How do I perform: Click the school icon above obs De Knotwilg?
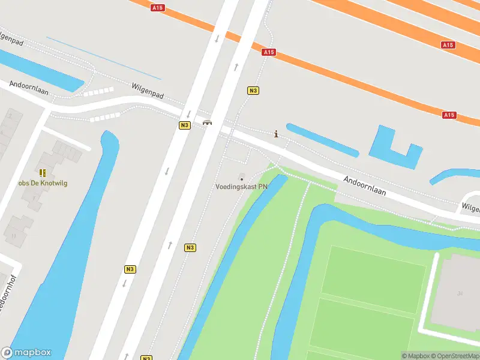pyautogui.click(x=42, y=173)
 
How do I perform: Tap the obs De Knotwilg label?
pyautogui.click(x=43, y=183)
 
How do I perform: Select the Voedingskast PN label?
pyautogui.click(x=242, y=187)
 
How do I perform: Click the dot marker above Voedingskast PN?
pyautogui.click(x=242, y=179)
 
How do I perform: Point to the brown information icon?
pyautogui.click(x=276, y=134)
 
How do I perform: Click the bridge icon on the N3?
pyautogui.click(x=207, y=122)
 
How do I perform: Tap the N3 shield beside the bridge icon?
pyautogui.click(x=184, y=125)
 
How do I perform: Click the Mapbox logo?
pyautogui.click(x=26, y=353)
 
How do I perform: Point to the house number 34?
pyautogui.click(x=460, y=293)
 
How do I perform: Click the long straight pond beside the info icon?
pyautogui.click(x=322, y=140)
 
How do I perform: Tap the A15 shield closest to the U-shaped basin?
pyautogui.click(x=449, y=115)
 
